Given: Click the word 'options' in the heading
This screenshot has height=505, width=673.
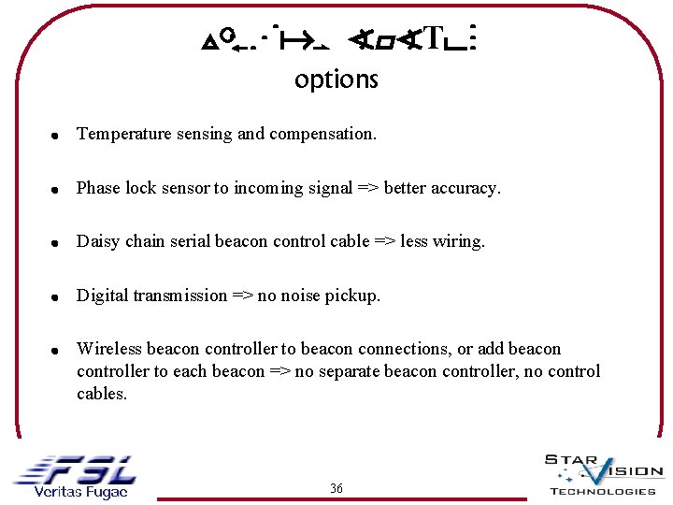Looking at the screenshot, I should pos(336,80).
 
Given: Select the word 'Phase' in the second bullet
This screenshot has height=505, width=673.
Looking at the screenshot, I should pos(98,188).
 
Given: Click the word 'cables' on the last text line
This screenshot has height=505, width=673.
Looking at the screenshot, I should pos(101,394).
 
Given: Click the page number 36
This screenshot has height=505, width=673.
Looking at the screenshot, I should pos(336,488).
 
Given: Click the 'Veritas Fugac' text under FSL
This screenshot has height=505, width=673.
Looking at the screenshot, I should pos(79,492).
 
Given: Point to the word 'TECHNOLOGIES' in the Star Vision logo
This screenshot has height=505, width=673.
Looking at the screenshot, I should pos(602,491).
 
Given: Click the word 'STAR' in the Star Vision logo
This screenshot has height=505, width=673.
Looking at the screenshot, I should pos(570,459).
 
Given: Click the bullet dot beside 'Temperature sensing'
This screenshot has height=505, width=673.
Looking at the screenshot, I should pos(56,136).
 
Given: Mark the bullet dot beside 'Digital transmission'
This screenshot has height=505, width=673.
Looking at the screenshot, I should pos(56,297).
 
